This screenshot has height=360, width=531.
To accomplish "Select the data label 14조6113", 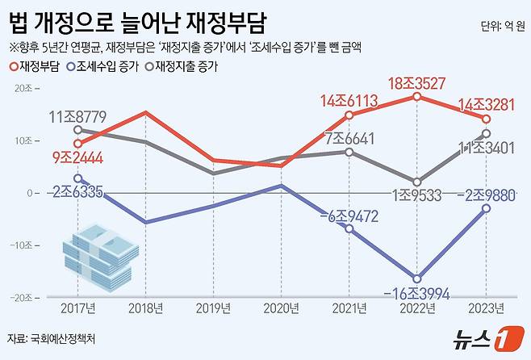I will click(x=349, y=100).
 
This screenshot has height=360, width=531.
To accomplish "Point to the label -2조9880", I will click(x=484, y=195).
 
